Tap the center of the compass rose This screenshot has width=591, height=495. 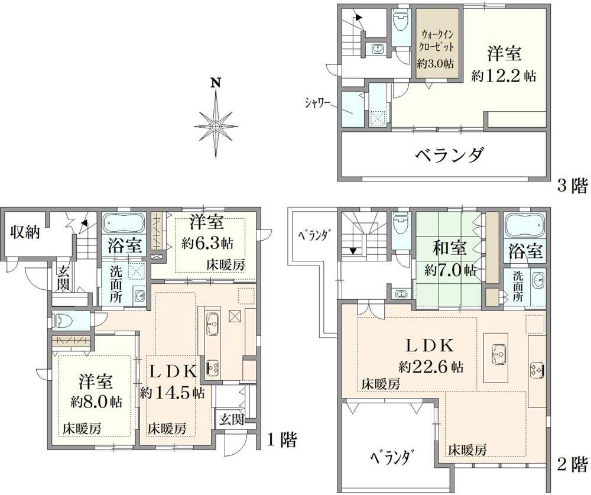(215, 125)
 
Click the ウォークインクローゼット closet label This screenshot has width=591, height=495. (437, 41)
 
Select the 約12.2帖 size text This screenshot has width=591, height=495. (504, 76)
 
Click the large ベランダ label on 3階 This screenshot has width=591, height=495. (450, 155)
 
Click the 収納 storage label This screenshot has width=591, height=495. (25, 232)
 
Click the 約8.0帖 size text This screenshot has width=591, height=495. (97, 402)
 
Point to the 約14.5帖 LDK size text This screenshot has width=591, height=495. (173, 393)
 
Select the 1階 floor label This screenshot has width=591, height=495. (282, 439)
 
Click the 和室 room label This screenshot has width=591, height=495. (449, 248)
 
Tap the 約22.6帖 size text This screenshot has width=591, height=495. (431, 366)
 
